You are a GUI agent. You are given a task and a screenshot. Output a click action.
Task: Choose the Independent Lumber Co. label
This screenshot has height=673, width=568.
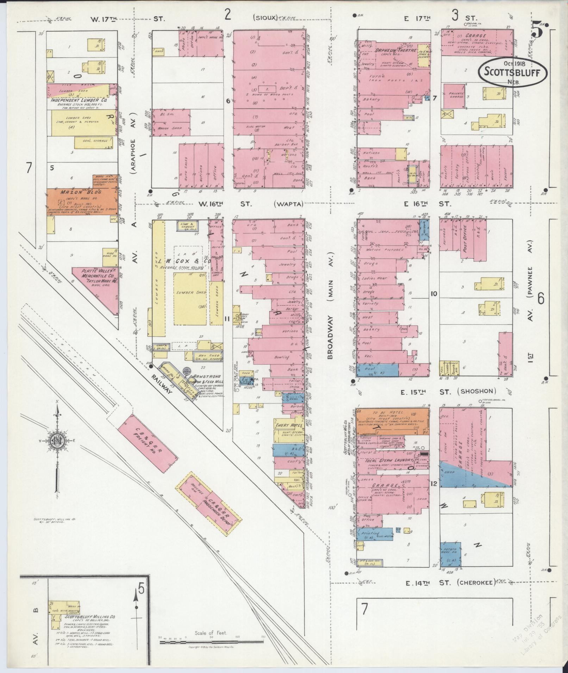79,100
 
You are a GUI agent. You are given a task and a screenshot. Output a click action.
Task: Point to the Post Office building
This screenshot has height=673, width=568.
466,237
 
